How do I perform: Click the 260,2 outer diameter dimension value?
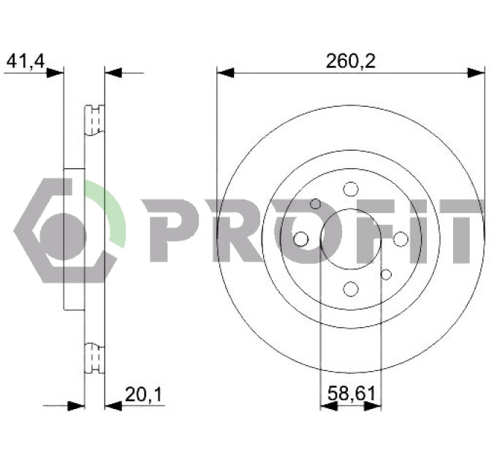click(351, 61)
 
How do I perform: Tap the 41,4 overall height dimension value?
click(26, 61)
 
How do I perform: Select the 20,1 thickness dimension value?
click(143, 394)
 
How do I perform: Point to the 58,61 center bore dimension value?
click(352, 394)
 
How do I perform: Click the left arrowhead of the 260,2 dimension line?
click(225, 72)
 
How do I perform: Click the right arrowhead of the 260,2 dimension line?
click(476, 72)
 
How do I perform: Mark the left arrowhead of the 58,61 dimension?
click(329, 406)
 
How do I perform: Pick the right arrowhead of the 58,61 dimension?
click(373, 406)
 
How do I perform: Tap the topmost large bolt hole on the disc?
click(351, 190)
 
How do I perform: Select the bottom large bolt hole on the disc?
click(351, 289)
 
